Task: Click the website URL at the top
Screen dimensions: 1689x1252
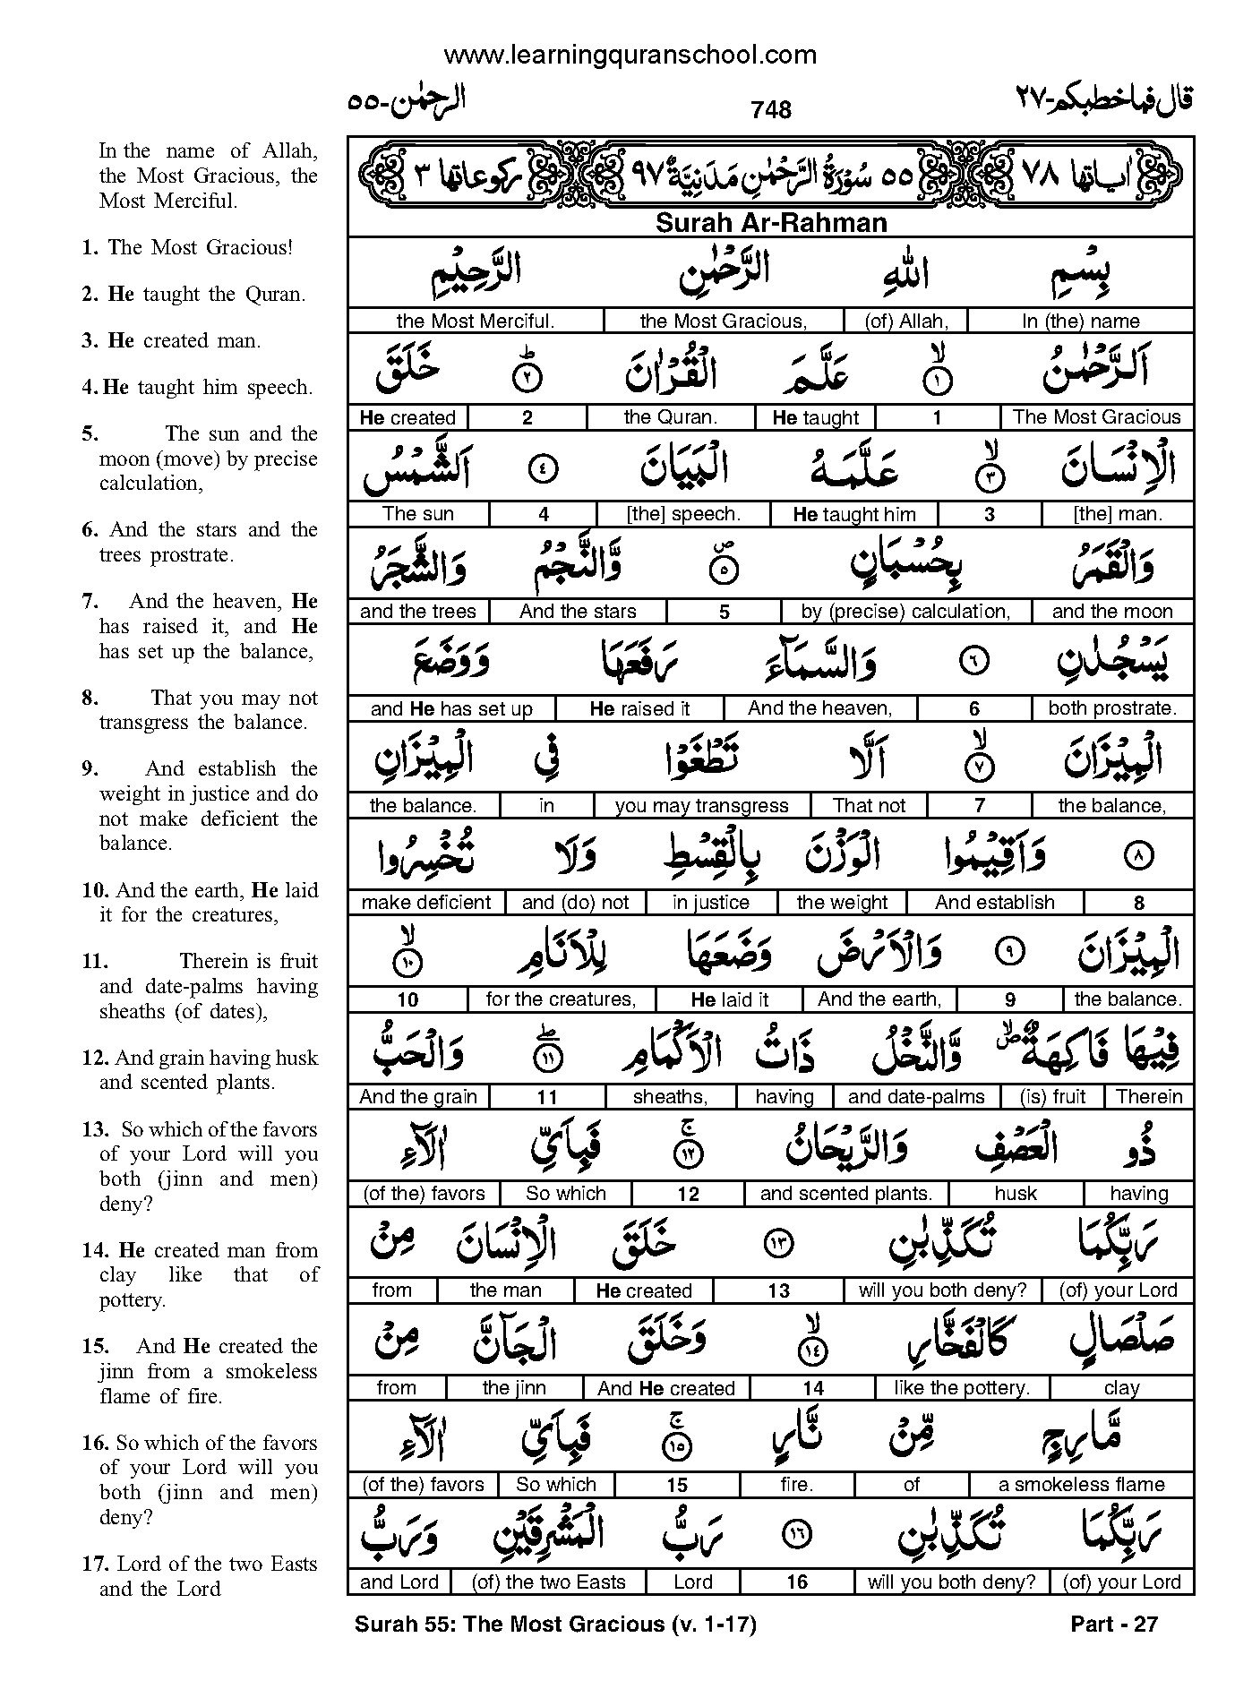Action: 630,55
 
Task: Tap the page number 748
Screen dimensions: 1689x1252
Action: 771,109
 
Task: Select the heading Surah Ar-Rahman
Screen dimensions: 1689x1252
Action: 770,223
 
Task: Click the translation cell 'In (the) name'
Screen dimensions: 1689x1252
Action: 1080,321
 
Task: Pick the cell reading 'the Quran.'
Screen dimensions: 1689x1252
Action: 671,417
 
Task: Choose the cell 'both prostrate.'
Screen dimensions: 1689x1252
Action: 1111,708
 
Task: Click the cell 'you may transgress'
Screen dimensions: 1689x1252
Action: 701,805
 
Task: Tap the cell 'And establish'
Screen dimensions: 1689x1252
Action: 994,903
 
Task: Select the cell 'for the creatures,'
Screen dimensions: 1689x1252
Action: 561,999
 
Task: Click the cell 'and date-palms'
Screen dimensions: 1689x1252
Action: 915,1097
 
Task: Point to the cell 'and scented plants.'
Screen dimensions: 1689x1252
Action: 845,1194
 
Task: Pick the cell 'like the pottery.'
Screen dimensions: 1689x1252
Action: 962,1388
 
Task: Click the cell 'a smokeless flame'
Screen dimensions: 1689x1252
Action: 1081,1485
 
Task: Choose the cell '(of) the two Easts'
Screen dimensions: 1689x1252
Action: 548,1582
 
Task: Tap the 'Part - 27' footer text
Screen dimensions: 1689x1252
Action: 1114,1624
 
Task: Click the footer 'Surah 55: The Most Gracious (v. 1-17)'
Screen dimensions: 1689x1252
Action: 555,1624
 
